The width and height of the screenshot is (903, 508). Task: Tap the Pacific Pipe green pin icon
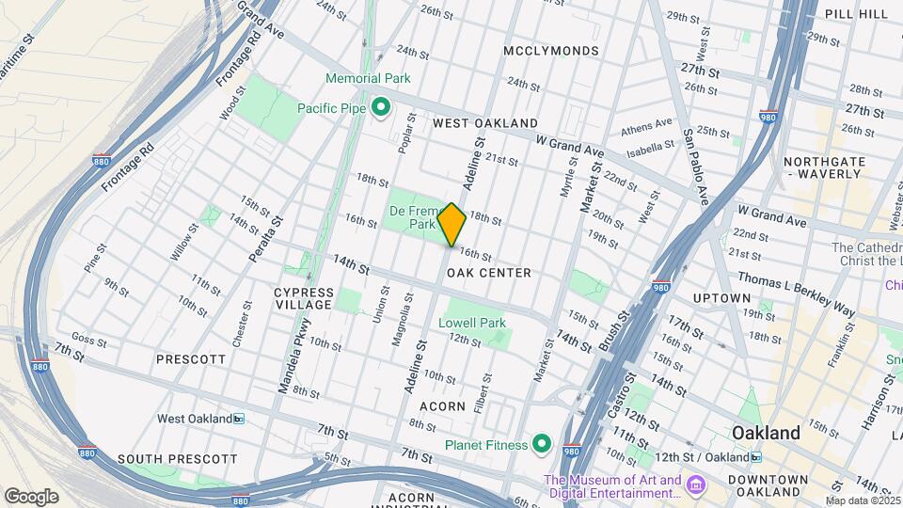pyautogui.click(x=381, y=109)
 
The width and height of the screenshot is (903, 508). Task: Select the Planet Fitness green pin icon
pyautogui.click(x=542, y=443)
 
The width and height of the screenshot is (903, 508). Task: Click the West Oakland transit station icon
pyautogui.click(x=239, y=419)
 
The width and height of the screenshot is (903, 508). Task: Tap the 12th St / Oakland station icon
pyautogui.click(x=756, y=457)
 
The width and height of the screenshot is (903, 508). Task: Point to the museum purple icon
pyautogui.click(x=695, y=485)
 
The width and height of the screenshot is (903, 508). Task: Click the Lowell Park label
pyautogui.click(x=472, y=323)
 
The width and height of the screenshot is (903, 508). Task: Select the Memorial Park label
pyautogui.click(x=368, y=78)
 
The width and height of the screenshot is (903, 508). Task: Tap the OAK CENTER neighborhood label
pyautogui.click(x=489, y=273)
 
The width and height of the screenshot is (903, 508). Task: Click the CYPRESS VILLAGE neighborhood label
pyautogui.click(x=303, y=298)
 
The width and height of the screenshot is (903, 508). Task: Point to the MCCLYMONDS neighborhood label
pyautogui.click(x=551, y=50)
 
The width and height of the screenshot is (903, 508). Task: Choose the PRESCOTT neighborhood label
pyautogui.click(x=191, y=359)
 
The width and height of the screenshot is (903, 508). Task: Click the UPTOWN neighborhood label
pyautogui.click(x=721, y=298)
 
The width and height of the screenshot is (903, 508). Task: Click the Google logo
pyautogui.click(x=31, y=496)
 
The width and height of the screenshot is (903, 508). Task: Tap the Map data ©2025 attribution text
pyautogui.click(x=863, y=500)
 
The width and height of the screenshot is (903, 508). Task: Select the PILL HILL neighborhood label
pyautogui.click(x=856, y=13)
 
